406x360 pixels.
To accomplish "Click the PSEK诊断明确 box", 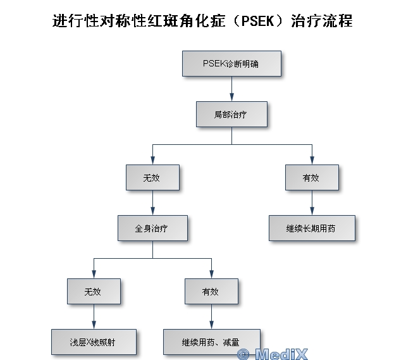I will pyautogui.click(x=231, y=63).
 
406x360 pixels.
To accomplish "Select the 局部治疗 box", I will pyautogui.click(x=231, y=115).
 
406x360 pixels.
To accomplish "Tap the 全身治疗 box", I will pyautogui.click(x=152, y=228).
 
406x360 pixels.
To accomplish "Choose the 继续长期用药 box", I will pyautogui.click(x=312, y=228).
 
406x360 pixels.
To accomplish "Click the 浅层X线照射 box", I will pyautogui.click(x=94, y=342).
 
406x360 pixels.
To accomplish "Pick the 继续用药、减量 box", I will pyautogui.click(x=211, y=342).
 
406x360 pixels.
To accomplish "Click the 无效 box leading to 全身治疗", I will pyautogui.click(x=152, y=178).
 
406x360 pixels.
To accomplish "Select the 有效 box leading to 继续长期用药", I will pyautogui.click(x=312, y=178).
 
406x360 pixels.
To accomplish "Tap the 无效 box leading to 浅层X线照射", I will pyautogui.click(x=94, y=291).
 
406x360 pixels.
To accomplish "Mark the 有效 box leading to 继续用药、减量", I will pyautogui.click(x=211, y=291).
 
